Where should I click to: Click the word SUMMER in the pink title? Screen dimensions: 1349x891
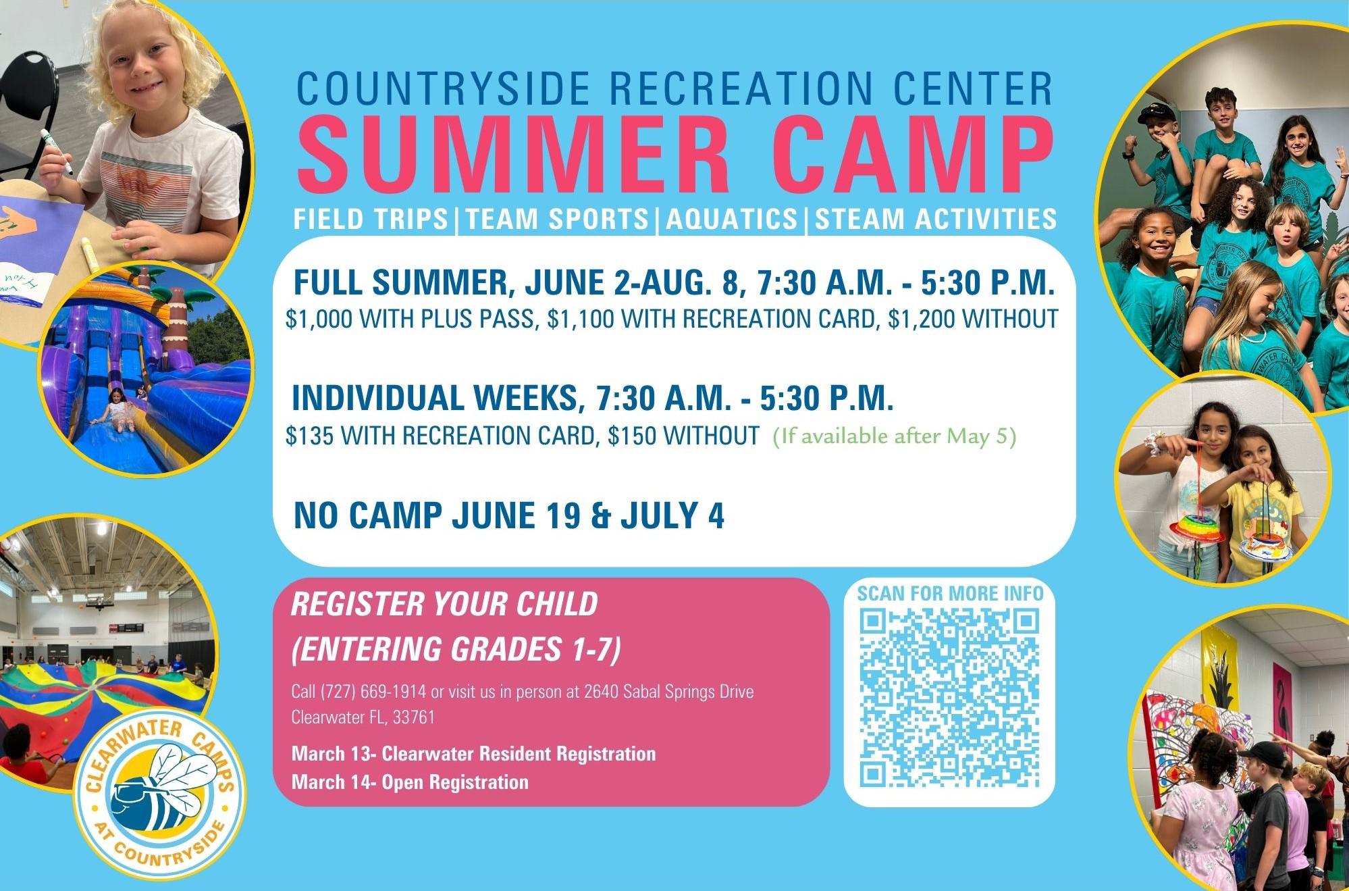point(514,157)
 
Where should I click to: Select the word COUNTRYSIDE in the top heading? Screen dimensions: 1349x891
point(443,88)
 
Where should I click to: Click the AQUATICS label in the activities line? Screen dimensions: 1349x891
point(732,219)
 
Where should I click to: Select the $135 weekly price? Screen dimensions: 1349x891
point(309,436)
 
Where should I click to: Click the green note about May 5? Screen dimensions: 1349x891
point(895,436)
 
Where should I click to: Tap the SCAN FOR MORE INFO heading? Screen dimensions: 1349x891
point(950,594)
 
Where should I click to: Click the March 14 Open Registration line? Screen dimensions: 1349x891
point(410,782)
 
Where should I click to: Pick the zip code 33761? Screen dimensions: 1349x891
point(414,717)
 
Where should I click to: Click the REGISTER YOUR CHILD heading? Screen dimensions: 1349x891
point(444,604)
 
